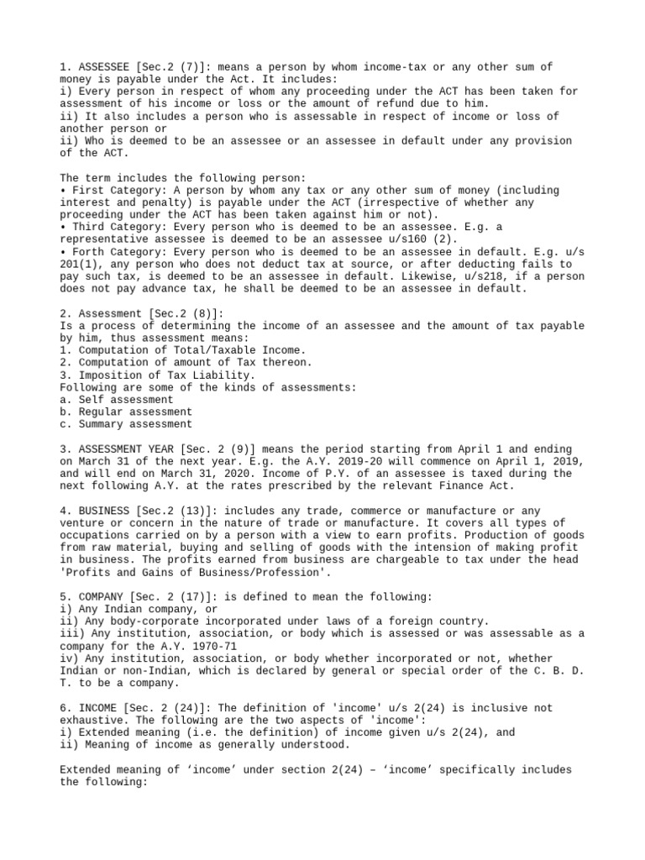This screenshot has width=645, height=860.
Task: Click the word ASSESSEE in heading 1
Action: point(100,66)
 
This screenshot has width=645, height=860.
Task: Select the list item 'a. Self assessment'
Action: point(116,400)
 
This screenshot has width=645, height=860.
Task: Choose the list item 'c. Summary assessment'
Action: point(125,424)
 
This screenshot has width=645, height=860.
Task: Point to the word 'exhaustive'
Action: point(94,721)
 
